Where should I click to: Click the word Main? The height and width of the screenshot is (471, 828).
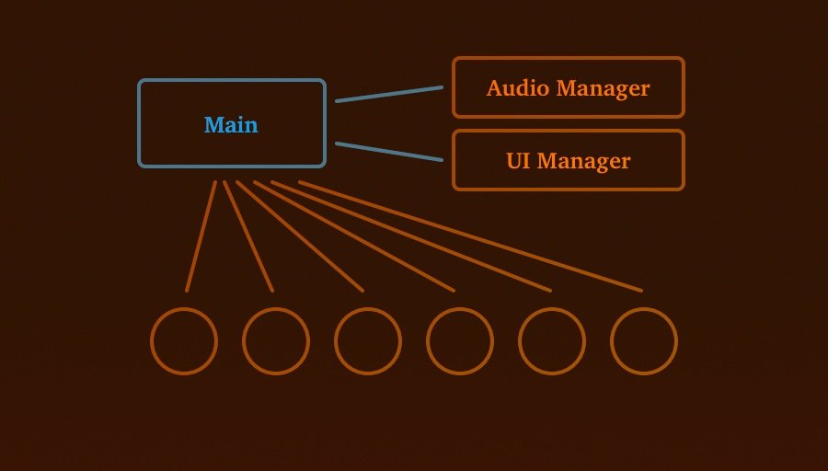coord(231,125)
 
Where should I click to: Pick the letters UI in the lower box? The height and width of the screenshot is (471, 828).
coord(517,161)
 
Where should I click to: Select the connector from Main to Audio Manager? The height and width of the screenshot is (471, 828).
coord(389,94)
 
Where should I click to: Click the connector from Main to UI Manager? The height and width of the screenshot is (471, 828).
coord(389,152)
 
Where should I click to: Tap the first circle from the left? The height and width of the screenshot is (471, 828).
coord(184,341)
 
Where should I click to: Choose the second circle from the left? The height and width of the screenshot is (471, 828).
coord(276,341)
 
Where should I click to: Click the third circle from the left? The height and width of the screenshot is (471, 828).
coord(368,341)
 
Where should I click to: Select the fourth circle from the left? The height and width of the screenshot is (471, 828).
coord(460,341)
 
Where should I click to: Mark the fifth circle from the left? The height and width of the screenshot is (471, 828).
coord(552,341)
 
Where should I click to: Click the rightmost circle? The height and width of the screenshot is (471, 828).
coord(644,341)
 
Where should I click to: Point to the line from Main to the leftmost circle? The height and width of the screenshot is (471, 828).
coord(201,236)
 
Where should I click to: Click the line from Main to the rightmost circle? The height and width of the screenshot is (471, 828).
coord(470,236)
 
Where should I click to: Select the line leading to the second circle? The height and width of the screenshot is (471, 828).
coord(248,236)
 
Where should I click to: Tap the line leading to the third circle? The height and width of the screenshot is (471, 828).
coord(300,236)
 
